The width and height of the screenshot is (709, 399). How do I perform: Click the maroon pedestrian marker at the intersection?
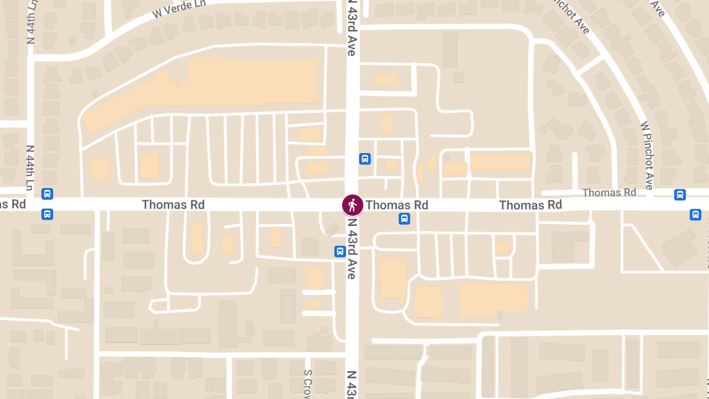(353, 205)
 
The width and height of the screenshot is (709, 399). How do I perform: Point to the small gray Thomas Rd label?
(609, 193)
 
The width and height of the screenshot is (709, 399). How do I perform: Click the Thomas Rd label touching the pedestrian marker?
(397, 205)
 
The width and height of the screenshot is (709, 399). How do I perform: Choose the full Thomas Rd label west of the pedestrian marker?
(173, 205)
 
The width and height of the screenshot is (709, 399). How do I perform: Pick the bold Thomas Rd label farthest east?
(530, 205)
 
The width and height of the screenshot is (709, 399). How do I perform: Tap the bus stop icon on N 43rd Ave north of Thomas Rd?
(365, 158)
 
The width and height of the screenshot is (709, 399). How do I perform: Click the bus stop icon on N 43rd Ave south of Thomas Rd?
(340, 251)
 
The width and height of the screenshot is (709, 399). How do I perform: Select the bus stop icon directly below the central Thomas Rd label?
(404, 219)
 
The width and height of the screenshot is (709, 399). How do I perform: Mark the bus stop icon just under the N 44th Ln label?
(47, 193)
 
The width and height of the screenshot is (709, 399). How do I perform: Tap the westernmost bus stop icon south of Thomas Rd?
(47, 214)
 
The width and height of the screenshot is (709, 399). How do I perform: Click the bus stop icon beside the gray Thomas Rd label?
(680, 194)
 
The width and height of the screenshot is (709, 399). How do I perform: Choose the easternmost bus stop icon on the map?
(696, 215)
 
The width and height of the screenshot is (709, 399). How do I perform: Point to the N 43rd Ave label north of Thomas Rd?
(352, 28)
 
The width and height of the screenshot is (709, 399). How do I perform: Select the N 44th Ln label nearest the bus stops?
(30, 167)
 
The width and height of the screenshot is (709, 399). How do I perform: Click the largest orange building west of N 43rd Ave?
(236, 86)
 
